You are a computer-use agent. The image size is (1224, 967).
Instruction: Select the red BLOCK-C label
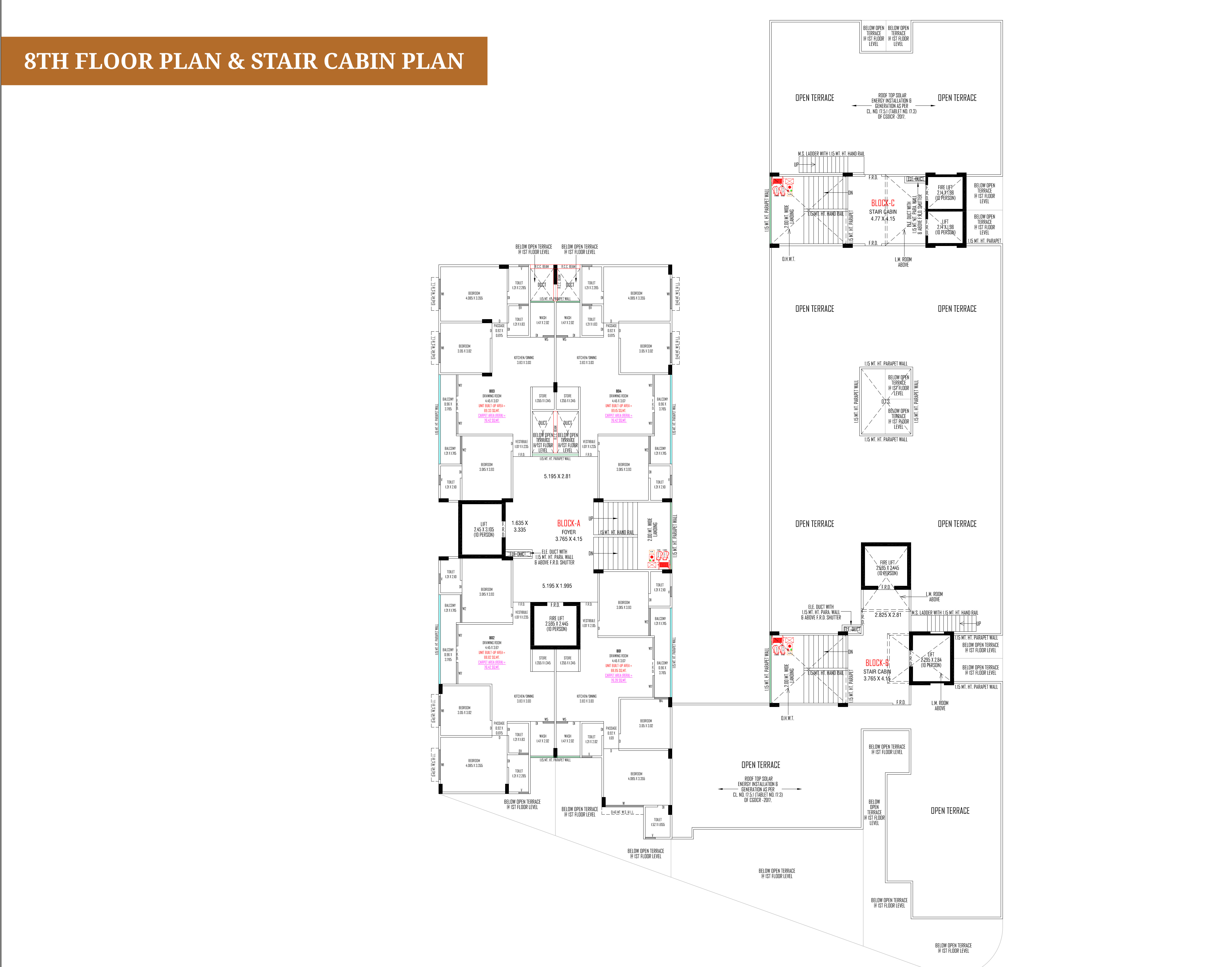pos(882,203)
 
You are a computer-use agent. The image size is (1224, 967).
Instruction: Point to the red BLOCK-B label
pos(877,662)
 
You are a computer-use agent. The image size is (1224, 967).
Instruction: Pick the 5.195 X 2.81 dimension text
pos(557,476)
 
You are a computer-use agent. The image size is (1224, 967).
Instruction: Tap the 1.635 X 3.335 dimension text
pos(519,526)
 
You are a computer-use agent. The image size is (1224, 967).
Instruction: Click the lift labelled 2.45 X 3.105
pos(484,529)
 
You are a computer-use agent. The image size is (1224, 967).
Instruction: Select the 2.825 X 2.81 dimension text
pos(888,615)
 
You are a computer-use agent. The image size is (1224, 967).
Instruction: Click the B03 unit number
pos(492,391)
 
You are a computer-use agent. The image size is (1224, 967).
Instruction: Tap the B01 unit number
pos(619,651)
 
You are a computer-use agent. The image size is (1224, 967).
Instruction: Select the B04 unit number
pos(619,391)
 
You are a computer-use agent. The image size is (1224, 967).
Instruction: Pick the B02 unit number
pos(492,638)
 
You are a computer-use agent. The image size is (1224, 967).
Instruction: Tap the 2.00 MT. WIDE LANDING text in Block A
pos(653,529)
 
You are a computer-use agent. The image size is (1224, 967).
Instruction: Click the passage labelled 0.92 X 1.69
pos(611,733)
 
